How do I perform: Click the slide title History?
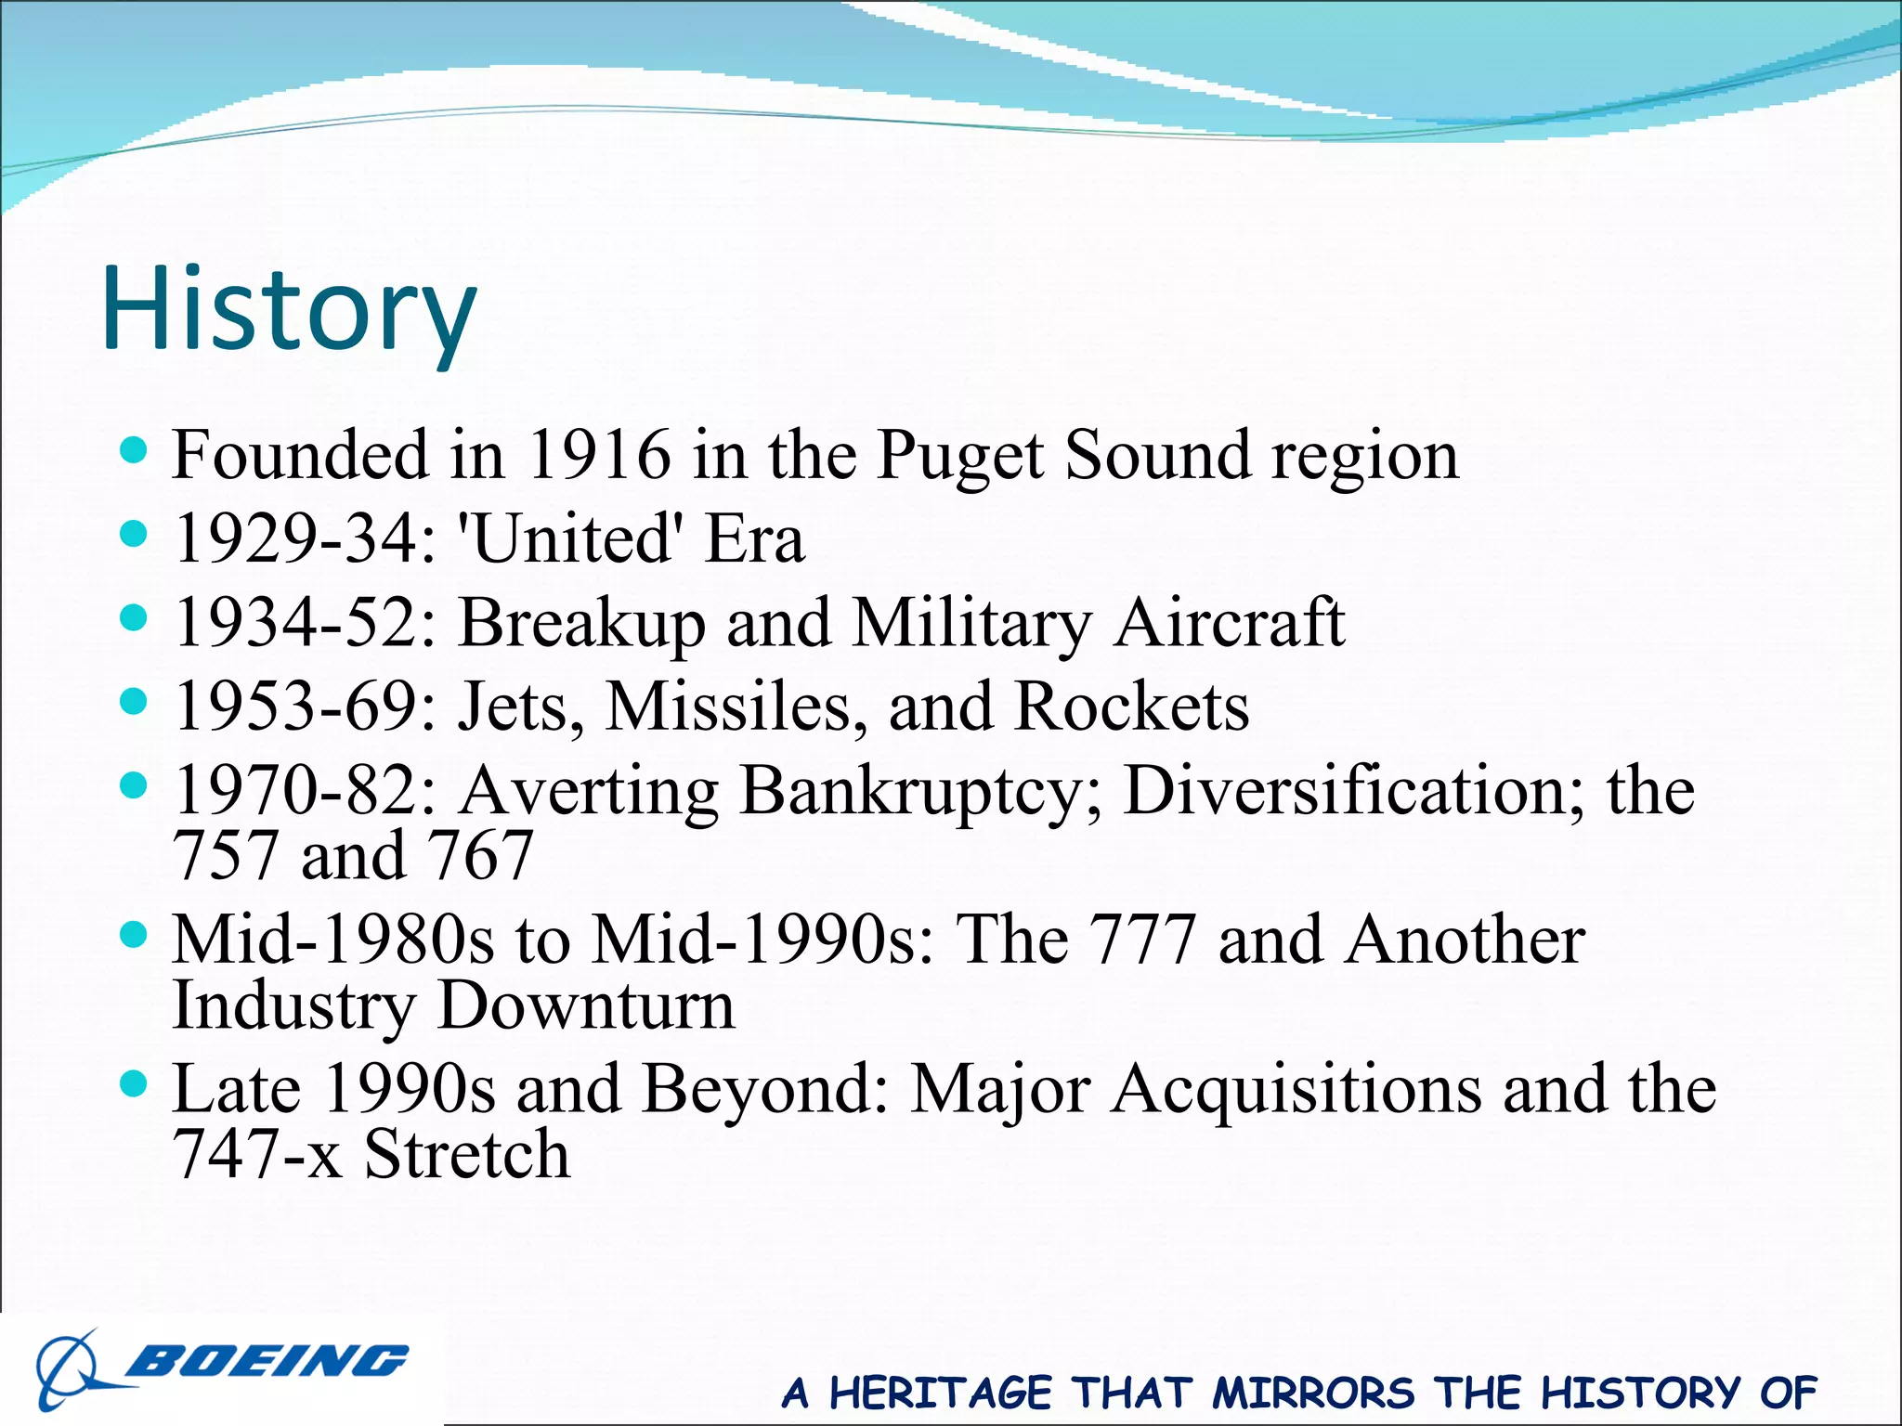[289, 309]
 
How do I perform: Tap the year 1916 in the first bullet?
[598, 455]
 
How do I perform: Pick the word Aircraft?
[1230, 622]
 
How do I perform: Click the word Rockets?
[1131, 707]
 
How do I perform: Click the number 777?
[1140, 940]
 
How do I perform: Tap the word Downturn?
[586, 1005]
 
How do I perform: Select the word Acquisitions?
[1297, 1089]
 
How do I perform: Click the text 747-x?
[257, 1155]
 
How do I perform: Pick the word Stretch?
[466, 1155]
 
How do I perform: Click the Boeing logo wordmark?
[267, 1362]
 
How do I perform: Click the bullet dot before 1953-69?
[135, 702]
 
